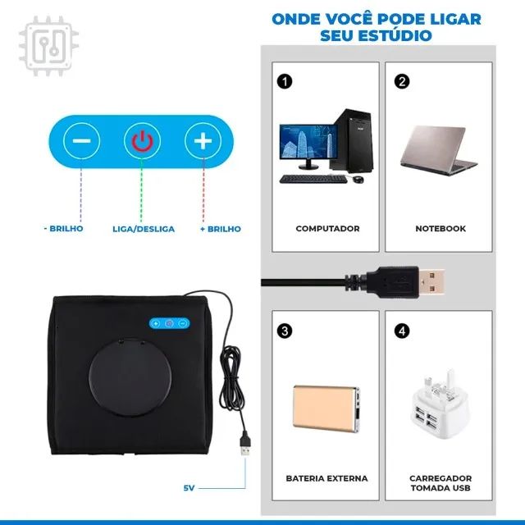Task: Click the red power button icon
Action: (142, 141)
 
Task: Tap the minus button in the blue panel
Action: (82, 141)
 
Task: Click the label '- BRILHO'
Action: (64, 229)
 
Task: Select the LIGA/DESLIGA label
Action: (144, 229)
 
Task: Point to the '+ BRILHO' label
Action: (220, 229)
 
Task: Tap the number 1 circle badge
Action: (284, 81)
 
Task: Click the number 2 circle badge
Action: (401, 81)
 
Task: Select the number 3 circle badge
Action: (284, 331)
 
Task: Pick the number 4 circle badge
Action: (401, 331)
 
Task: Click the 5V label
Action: (189, 488)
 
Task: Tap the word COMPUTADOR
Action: (327, 229)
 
